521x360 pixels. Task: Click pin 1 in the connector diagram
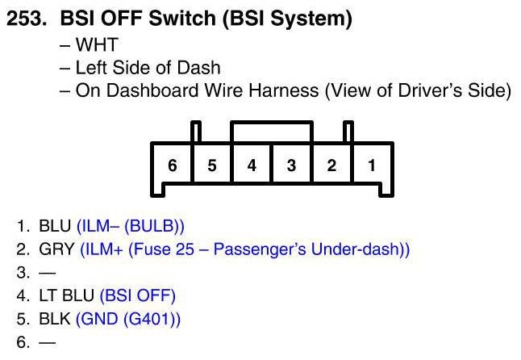[x=371, y=165]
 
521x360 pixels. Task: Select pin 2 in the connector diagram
[x=331, y=165]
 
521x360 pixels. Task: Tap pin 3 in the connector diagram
[x=291, y=165]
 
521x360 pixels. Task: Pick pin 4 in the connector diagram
[x=252, y=165]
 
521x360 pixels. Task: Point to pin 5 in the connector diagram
[x=212, y=165]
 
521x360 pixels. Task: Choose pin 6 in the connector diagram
[x=172, y=165]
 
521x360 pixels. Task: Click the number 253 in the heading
[x=25, y=20]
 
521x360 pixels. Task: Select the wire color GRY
[x=56, y=249]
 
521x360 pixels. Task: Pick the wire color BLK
[x=55, y=319]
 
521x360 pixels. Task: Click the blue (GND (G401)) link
[x=128, y=319]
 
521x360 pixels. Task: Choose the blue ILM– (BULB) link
[x=135, y=226]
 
